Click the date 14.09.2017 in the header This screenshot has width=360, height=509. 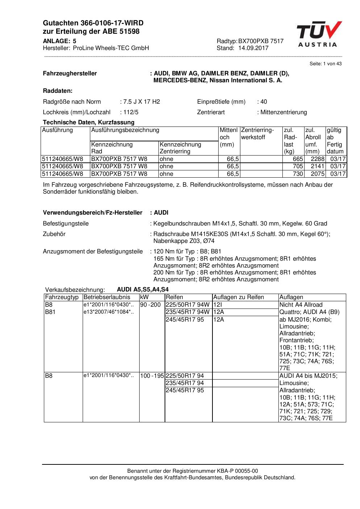253,48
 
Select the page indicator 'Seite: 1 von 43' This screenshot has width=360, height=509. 325,64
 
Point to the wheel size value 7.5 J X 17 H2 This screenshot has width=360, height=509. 141,102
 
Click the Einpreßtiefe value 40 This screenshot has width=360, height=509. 264,102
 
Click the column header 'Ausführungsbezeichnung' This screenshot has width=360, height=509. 125,130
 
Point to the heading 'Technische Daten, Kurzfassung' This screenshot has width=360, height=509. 88,122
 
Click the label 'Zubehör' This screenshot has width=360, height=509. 54,234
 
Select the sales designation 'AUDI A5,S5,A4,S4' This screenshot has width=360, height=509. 142,289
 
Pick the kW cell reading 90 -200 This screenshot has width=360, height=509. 150,305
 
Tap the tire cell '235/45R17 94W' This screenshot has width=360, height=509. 187,312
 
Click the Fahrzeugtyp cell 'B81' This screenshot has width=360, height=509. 50,312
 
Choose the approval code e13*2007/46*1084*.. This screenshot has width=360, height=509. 108,312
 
